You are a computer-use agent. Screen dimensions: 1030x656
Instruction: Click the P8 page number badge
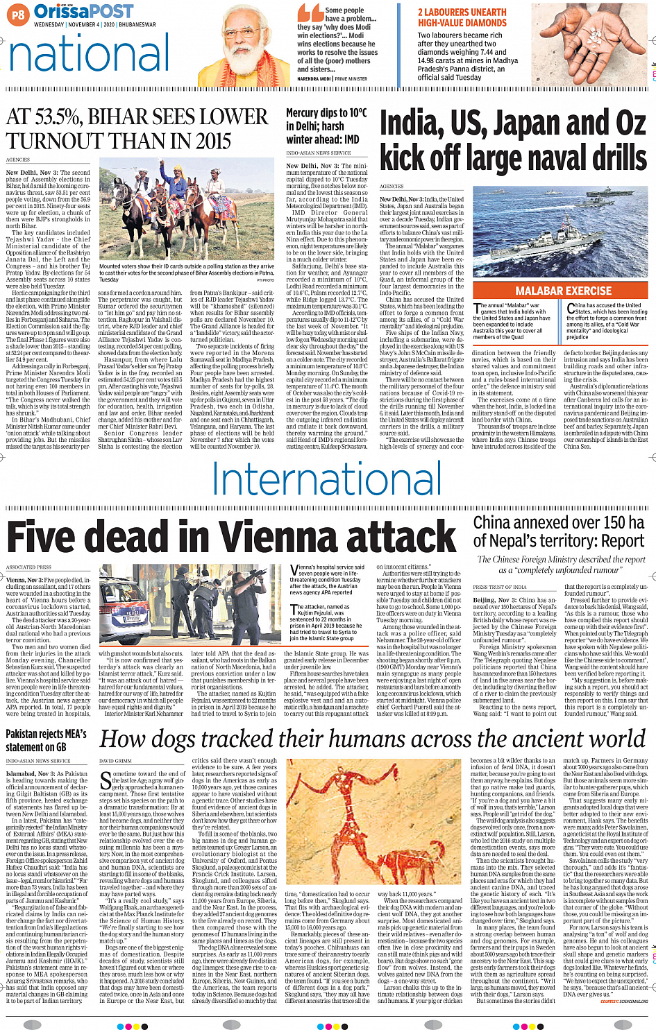(x=19, y=14)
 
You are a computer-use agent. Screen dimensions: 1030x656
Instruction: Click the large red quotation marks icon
(x=310, y=12)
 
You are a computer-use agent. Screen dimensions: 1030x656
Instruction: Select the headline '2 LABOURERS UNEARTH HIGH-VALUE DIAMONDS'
(x=462, y=17)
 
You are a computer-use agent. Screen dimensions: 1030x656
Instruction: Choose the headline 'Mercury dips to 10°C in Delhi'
(x=326, y=126)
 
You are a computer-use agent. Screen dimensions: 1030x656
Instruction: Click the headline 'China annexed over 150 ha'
(x=559, y=531)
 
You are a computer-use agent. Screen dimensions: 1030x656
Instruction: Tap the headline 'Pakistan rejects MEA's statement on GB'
(x=47, y=740)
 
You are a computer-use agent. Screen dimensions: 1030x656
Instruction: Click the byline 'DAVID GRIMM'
(x=115, y=761)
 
